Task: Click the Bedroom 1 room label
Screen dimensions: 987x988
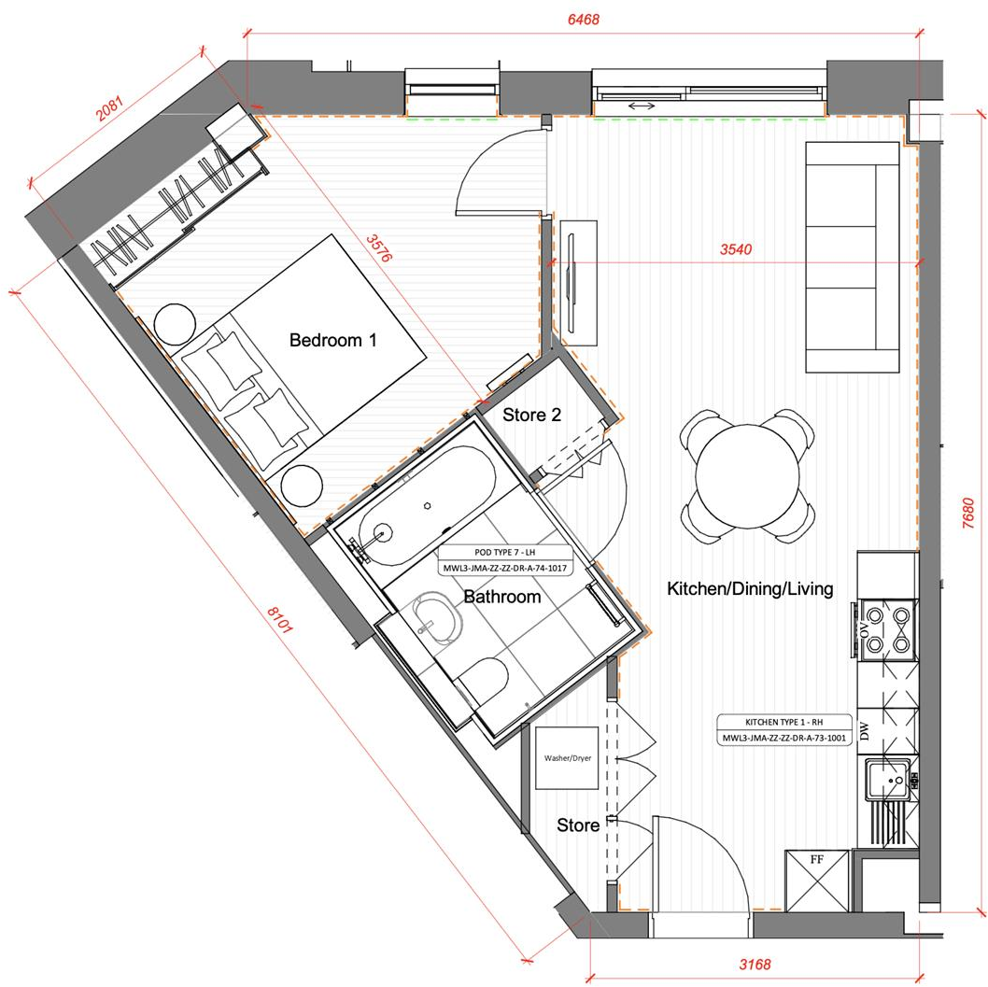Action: pos(332,341)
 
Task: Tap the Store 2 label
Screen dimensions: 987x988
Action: pos(531,415)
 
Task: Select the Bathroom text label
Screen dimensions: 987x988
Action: pos(501,597)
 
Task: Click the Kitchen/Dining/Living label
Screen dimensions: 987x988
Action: pos(749,589)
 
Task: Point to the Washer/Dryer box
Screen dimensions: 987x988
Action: pos(568,758)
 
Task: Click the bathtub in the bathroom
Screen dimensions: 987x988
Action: pos(426,505)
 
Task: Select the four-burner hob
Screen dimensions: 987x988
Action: pos(888,629)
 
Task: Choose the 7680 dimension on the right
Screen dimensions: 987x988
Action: pos(968,515)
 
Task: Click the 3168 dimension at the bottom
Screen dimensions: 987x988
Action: pos(753,965)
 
